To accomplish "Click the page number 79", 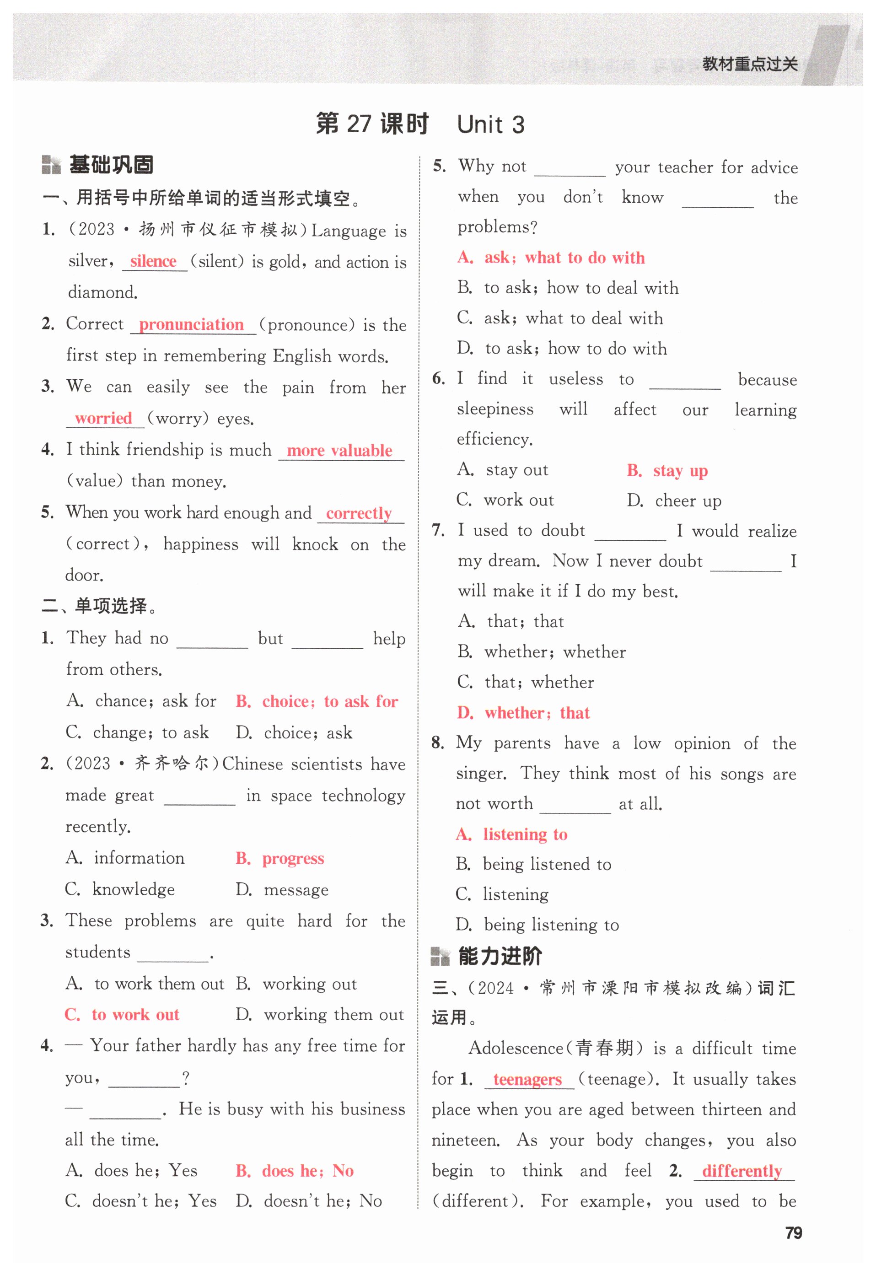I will [793, 1233].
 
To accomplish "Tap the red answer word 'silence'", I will [153, 261].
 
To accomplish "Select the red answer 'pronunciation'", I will [191, 324].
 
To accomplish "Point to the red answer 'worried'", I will [103, 418].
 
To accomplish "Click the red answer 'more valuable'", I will [339, 451].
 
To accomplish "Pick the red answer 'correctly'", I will [359, 513].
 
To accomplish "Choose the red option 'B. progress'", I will [280, 858].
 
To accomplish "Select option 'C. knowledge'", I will [120, 889].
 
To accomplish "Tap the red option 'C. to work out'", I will [122, 1014].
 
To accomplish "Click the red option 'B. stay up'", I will [667, 470].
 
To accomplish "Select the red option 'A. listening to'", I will [511, 834].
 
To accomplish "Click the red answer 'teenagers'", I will [527, 1079].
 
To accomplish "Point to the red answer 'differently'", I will [742, 1171].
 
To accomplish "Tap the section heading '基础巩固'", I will [111, 165].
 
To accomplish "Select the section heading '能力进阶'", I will [500, 956].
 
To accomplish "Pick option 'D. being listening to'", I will [537, 925].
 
